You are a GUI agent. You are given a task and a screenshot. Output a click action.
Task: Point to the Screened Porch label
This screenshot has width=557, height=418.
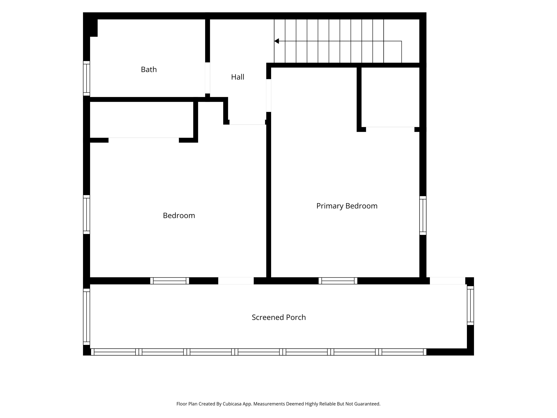[279, 317]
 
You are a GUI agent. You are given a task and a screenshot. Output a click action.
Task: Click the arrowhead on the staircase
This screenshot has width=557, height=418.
[276, 41]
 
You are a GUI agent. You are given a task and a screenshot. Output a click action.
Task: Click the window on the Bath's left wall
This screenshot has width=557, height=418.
[87, 78]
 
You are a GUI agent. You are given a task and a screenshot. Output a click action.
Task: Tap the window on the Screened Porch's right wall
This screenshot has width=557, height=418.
[470, 305]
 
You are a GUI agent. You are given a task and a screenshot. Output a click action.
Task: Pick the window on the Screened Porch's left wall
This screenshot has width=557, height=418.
[87, 317]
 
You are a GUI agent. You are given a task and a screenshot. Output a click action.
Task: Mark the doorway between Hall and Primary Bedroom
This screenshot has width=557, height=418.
[269, 96]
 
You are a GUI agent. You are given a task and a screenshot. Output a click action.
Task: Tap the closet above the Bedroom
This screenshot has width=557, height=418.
[142, 120]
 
